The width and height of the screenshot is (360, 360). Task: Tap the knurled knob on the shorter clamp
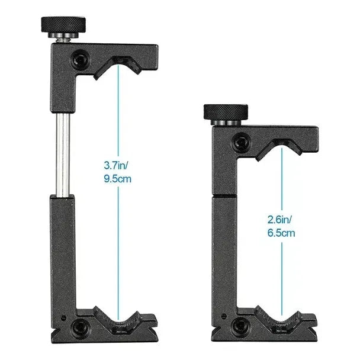[223, 112]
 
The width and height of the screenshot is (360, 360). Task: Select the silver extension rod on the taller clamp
[62, 154]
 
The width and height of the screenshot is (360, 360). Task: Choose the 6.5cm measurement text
[280, 233]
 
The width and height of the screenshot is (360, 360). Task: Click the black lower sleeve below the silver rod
[62, 249]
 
